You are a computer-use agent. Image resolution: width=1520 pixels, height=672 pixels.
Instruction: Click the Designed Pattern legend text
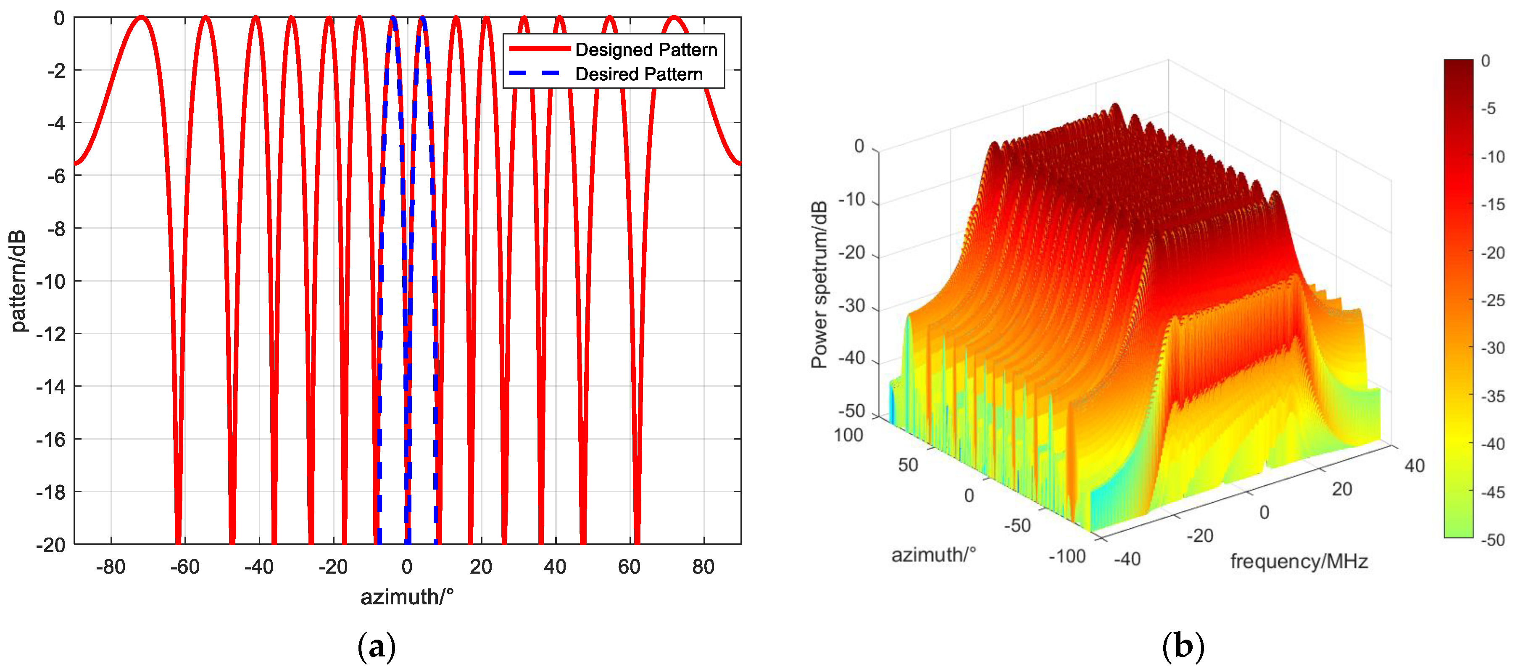tap(646, 50)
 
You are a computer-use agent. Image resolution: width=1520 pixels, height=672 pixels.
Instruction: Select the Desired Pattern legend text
tap(639, 74)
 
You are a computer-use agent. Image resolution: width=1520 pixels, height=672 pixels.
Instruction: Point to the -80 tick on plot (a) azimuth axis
tap(111, 567)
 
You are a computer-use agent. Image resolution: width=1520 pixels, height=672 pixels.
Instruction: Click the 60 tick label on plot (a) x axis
tap(629, 567)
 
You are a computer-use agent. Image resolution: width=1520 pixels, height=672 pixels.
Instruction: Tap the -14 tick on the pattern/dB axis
tap(51, 387)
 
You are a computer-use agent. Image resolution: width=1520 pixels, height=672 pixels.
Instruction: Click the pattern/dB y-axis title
tap(18, 281)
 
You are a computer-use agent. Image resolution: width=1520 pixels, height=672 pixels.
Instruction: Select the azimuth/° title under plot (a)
tap(407, 597)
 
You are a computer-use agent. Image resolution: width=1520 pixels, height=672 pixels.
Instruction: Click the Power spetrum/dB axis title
tap(819, 285)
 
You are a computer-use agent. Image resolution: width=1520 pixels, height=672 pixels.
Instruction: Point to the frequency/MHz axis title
tap(1299, 561)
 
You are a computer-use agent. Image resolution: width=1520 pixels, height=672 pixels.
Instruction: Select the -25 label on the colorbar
tap(1493, 300)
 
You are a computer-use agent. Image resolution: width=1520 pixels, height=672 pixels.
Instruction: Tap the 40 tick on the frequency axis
tap(1415, 466)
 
